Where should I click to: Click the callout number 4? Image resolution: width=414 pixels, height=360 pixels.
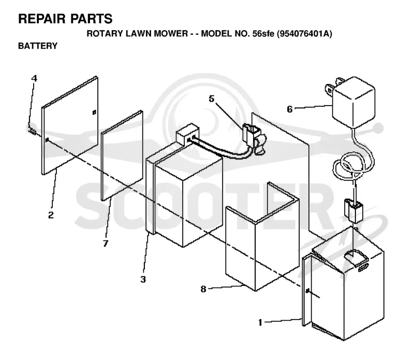click(x=34, y=78)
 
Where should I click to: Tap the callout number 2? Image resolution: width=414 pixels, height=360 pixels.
click(x=51, y=215)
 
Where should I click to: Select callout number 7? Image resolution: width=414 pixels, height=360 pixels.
click(x=106, y=243)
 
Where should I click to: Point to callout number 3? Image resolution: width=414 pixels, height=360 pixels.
click(x=143, y=279)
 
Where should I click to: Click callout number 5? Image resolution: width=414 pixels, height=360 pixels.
click(x=212, y=98)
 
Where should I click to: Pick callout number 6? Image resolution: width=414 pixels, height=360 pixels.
click(x=290, y=109)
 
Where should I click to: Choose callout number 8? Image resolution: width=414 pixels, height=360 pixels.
click(x=203, y=289)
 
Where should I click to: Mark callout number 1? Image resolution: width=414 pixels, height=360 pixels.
click(x=260, y=323)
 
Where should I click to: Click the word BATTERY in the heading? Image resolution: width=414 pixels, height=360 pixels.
click(x=38, y=46)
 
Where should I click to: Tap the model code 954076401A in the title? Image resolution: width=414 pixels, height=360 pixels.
click(x=304, y=34)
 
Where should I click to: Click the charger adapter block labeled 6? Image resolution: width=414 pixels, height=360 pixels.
click(x=353, y=102)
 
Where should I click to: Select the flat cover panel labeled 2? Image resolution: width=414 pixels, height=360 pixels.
click(x=70, y=125)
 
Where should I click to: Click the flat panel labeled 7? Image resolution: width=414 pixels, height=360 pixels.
click(x=122, y=155)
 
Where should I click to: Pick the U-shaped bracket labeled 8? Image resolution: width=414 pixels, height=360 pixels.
click(x=262, y=237)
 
